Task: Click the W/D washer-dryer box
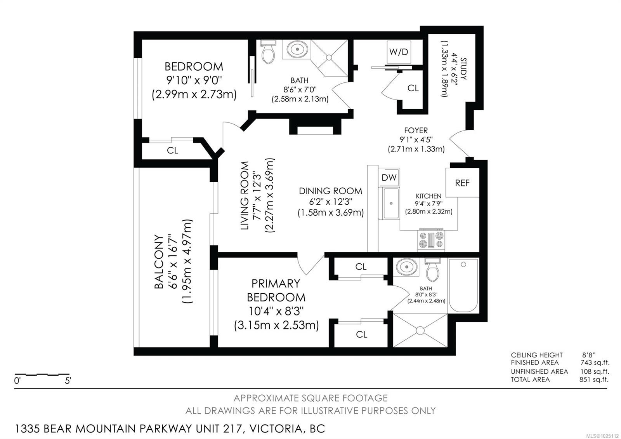399,52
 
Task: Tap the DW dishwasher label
389,178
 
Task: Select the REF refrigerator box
462,183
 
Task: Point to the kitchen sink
391,203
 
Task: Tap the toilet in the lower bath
432,269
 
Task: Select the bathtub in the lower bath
463,286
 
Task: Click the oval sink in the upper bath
297,49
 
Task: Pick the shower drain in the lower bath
420,331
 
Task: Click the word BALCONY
159,262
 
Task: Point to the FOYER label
416,130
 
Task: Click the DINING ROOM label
330,191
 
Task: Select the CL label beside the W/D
413,88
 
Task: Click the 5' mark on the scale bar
68,381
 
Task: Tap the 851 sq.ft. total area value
594,379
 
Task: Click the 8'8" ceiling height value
588,355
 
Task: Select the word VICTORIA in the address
276,429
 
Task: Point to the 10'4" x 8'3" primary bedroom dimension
276,311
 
